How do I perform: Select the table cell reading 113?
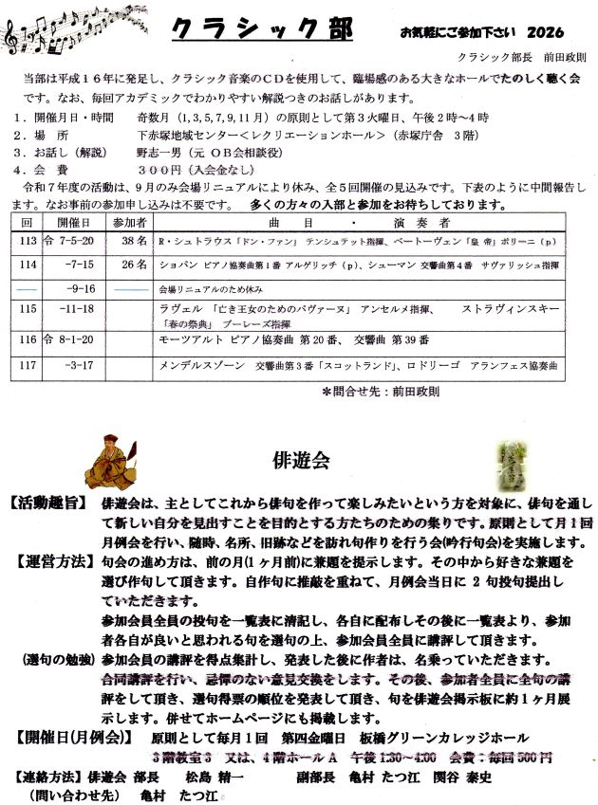(x=28, y=241)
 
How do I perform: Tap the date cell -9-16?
(x=82, y=285)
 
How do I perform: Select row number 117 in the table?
(x=28, y=362)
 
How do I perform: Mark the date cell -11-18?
(x=81, y=308)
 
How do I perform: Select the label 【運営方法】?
(x=53, y=560)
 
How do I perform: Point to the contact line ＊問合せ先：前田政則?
(x=381, y=390)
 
